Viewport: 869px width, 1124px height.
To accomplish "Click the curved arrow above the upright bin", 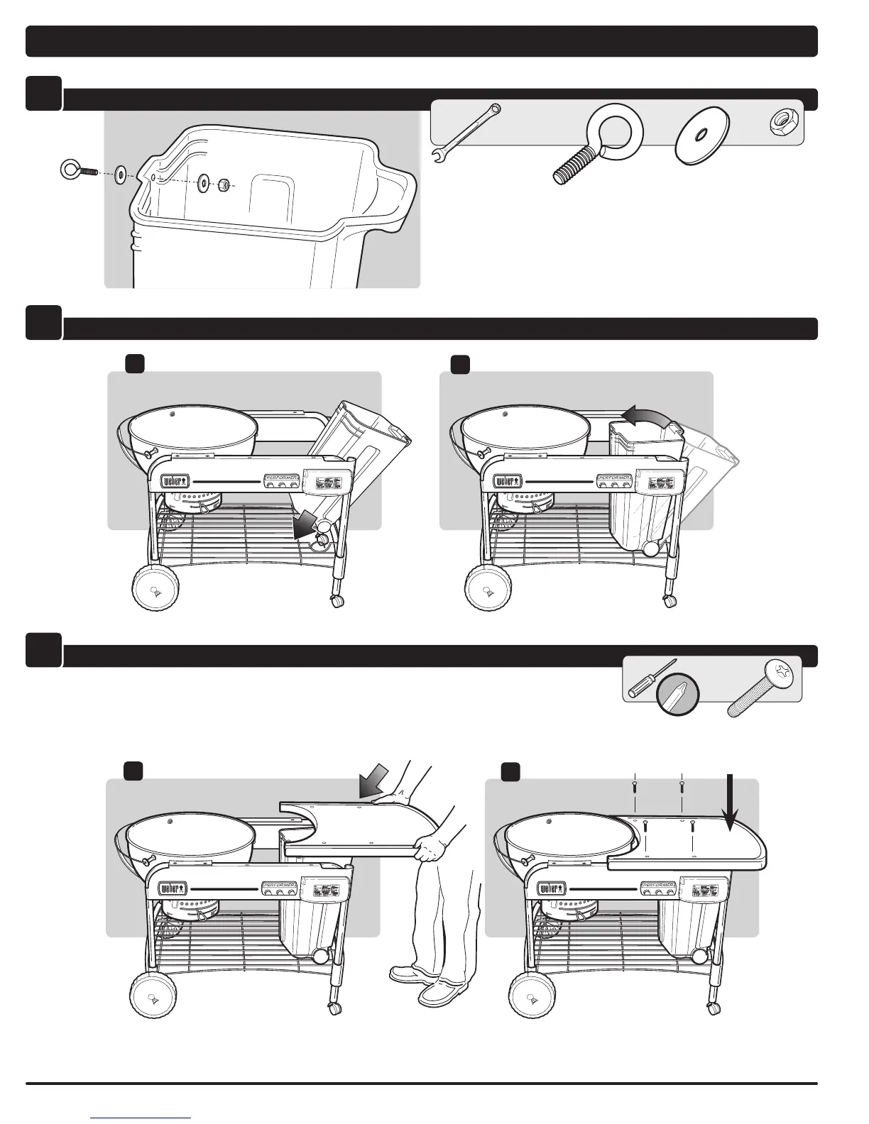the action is pyautogui.click(x=645, y=419).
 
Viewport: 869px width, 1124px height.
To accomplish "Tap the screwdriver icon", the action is pyautogui.click(x=648, y=678).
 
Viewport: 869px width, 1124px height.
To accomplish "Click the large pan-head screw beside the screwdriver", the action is pyautogui.click(x=764, y=688).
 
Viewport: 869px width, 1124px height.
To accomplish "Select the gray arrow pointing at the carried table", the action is pyautogui.click(x=374, y=780).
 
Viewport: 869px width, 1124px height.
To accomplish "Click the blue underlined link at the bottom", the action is pyautogui.click(x=141, y=1118).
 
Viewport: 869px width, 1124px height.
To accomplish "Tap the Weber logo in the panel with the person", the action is pyautogui.click(x=174, y=888).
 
